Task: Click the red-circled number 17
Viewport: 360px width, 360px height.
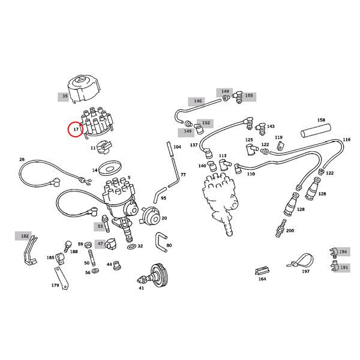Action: pyautogui.click(x=76, y=129)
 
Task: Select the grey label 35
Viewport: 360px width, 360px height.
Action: pyautogui.click(x=63, y=96)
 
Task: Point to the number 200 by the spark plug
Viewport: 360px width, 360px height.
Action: pyautogui.click(x=290, y=231)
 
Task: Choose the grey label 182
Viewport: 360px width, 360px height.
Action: pyautogui.click(x=25, y=237)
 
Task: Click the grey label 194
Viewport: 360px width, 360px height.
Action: pyautogui.click(x=343, y=252)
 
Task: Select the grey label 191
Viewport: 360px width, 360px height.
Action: pyautogui.click(x=343, y=268)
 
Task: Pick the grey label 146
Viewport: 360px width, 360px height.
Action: pyautogui.click(x=197, y=101)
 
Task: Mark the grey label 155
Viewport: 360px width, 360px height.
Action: pyautogui.click(x=248, y=95)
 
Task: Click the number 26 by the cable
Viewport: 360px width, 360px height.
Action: pyautogui.click(x=22, y=160)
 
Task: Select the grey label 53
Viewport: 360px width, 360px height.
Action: pyautogui.click(x=100, y=227)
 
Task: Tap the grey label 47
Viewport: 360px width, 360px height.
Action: pyautogui.click(x=100, y=244)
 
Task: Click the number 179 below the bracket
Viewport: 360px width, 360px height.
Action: pyautogui.click(x=55, y=286)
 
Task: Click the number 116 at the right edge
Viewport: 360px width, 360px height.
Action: pyautogui.click(x=346, y=140)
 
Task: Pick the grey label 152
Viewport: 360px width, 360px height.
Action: pyautogui.click(x=206, y=122)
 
